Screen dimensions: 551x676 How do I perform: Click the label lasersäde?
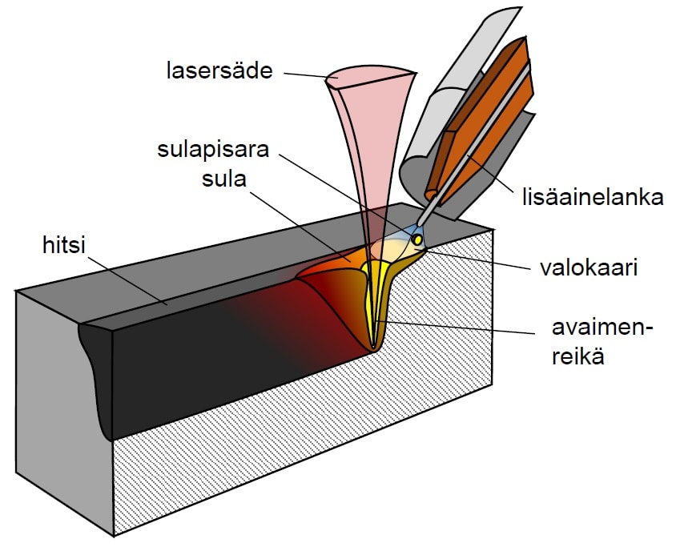pos(219,71)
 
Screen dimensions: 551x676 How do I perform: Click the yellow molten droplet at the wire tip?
pos(418,239)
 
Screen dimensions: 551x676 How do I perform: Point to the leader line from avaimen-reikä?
pos(457,327)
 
